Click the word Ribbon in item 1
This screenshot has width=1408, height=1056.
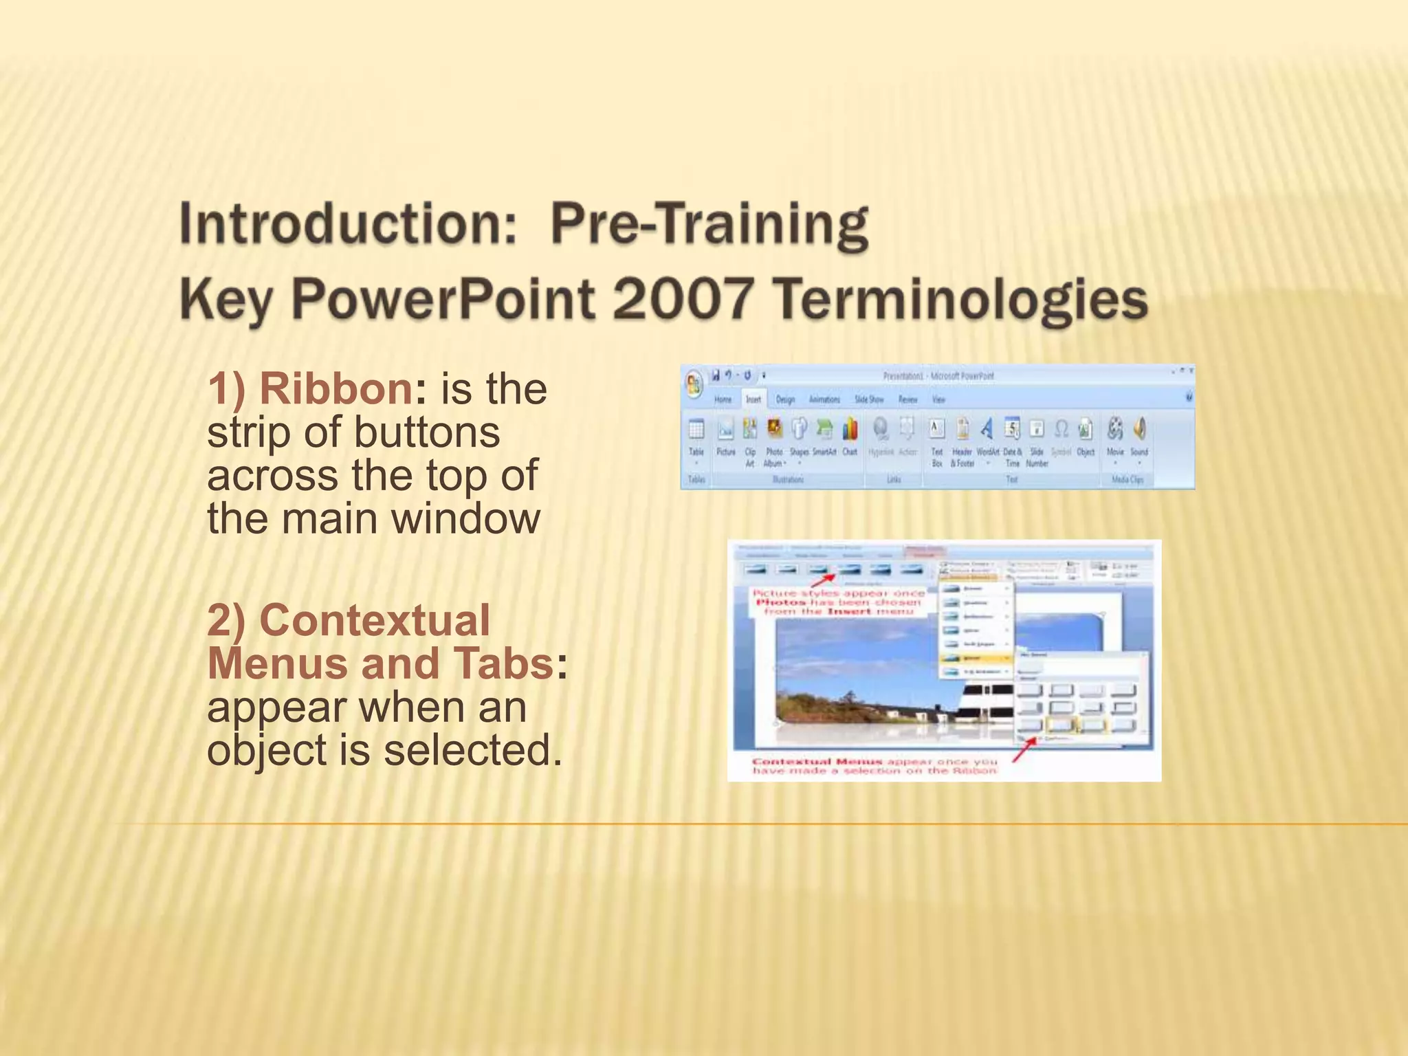pos(336,389)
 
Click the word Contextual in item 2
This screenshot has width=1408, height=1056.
pos(375,620)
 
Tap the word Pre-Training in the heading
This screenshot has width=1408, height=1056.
pos(709,224)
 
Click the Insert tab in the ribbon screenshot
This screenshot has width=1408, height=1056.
pos(753,399)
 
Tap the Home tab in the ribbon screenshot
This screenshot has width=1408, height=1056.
pos(723,399)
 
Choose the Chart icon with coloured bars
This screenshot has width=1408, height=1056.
pos(850,430)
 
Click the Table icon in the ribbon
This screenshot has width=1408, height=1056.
pos(696,430)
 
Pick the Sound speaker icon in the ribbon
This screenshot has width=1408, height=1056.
pos(1139,430)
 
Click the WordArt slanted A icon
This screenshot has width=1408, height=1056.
pos(987,430)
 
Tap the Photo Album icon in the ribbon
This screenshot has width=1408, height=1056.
pos(775,430)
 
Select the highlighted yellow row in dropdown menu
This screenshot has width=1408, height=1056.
pos(976,658)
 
